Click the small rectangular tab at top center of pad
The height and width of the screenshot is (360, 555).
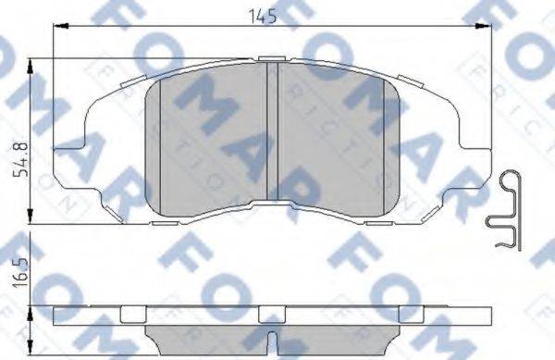coord(271,59)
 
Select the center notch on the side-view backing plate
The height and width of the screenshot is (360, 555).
coord(271,313)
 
